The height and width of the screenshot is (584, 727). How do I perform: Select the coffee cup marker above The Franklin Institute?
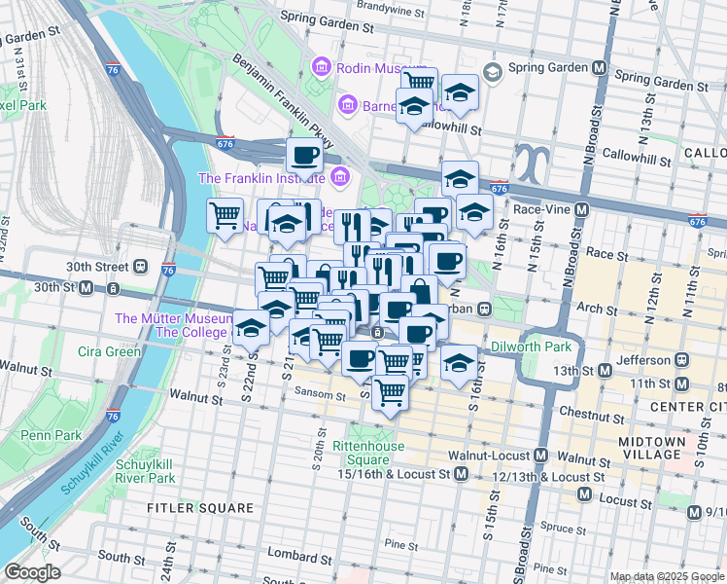pos(304,156)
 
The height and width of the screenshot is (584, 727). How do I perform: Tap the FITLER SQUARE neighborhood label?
pos(200,508)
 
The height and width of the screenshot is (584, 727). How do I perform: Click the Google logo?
pos(32,572)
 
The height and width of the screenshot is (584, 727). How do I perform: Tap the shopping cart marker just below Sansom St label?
pos(390,393)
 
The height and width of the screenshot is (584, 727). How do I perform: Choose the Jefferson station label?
pos(641,359)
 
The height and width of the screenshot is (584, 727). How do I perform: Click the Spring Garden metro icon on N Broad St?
pos(600,70)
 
